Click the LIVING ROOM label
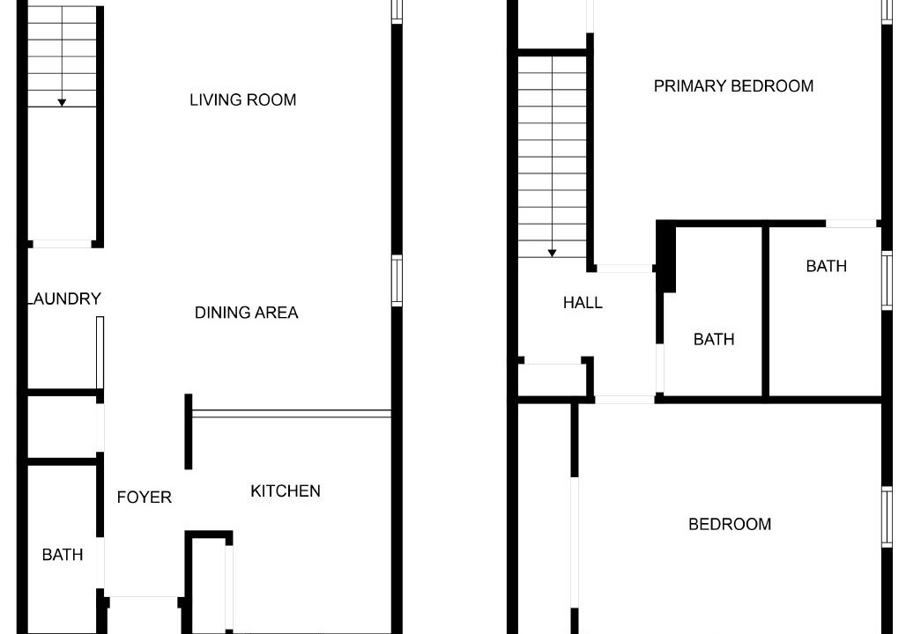(x=242, y=100)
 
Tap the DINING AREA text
(x=246, y=313)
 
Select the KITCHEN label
(x=286, y=490)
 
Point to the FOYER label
(x=144, y=498)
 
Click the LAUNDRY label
(x=64, y=299)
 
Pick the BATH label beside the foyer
(x=63, y=555)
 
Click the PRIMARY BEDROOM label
(x=733, y=86)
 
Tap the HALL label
(x=583, y=303)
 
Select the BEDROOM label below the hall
(x=730, y=524)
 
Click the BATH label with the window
(x=827, y=266)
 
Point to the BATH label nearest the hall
(x=714, y=339)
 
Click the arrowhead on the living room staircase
(x=62, y=103)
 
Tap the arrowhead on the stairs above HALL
(x=552, y=253)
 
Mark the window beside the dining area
(x=397, y=281)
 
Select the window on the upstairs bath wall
(x=887, y=281)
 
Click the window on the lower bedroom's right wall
(x=887, y=516)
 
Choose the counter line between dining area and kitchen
(x=292, y=414)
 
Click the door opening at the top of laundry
(x=62, y=244)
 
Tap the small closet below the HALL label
(x=553, y=380)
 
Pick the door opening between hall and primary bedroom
(x=625, y=269)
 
